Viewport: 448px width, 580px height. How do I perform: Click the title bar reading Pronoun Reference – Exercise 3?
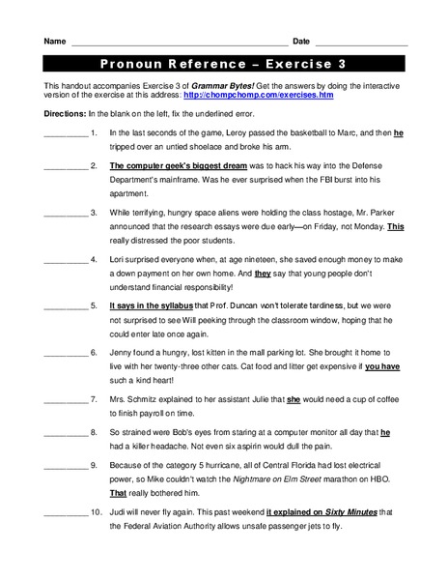[224, 65]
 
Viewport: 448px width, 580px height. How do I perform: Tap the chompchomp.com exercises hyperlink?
[259, 97]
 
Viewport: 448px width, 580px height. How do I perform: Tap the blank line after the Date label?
[361, 43]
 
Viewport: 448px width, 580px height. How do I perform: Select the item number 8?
[93, 433]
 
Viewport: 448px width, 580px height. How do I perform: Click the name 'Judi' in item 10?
[119, 513]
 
